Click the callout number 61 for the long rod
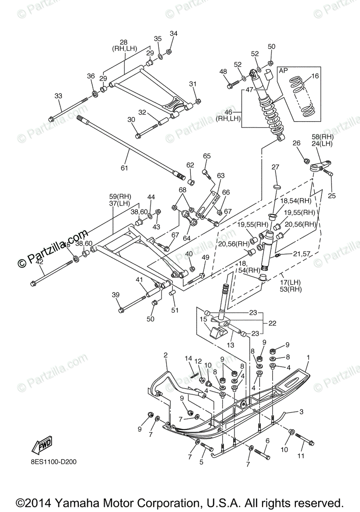tap(124, 168)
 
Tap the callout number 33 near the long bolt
tap(59, 96)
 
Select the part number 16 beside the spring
tap(315, 76)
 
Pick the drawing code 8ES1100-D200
tap(54, 462)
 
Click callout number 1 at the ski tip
tap(308, 357)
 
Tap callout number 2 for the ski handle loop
tap(166, 355)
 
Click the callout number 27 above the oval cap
tap(275, 167)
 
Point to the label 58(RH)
tap(322, 137)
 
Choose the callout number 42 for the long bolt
tap(39, 262)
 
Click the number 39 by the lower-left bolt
tap(116, 295)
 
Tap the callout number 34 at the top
tap(173, 34)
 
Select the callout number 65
tap(207, 156)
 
